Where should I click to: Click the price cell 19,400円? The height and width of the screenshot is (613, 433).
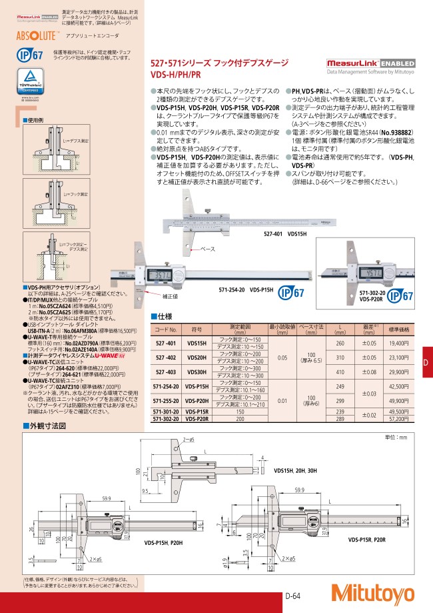[x=398, y=342]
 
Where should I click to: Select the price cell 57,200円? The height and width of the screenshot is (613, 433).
[x=398, y=420]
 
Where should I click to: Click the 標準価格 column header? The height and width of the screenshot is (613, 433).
[x=398, y=329]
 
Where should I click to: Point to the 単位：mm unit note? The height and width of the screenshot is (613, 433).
[x=400, y=437]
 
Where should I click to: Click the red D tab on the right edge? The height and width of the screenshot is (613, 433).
[x=426, y=362]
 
